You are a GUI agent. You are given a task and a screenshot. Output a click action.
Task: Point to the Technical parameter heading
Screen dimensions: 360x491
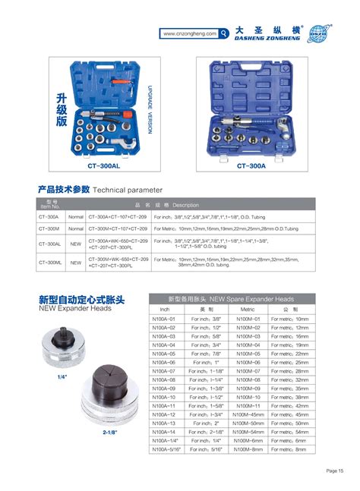click(128, 188)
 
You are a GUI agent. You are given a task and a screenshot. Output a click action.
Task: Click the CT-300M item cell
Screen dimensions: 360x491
click(49, 228)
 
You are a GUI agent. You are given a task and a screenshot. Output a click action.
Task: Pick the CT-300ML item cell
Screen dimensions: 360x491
click(49, 263)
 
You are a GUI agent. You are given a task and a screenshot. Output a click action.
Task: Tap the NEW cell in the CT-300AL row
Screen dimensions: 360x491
click(76, 245)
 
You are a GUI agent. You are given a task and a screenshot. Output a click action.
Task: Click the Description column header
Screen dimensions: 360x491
click(185, 205)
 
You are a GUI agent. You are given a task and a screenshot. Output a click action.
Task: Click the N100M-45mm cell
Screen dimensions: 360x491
click(248, 414)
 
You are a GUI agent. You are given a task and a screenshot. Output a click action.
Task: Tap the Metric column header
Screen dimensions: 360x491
click(248, 310)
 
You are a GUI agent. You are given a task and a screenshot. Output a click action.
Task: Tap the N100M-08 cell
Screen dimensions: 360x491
click(248, 379)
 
